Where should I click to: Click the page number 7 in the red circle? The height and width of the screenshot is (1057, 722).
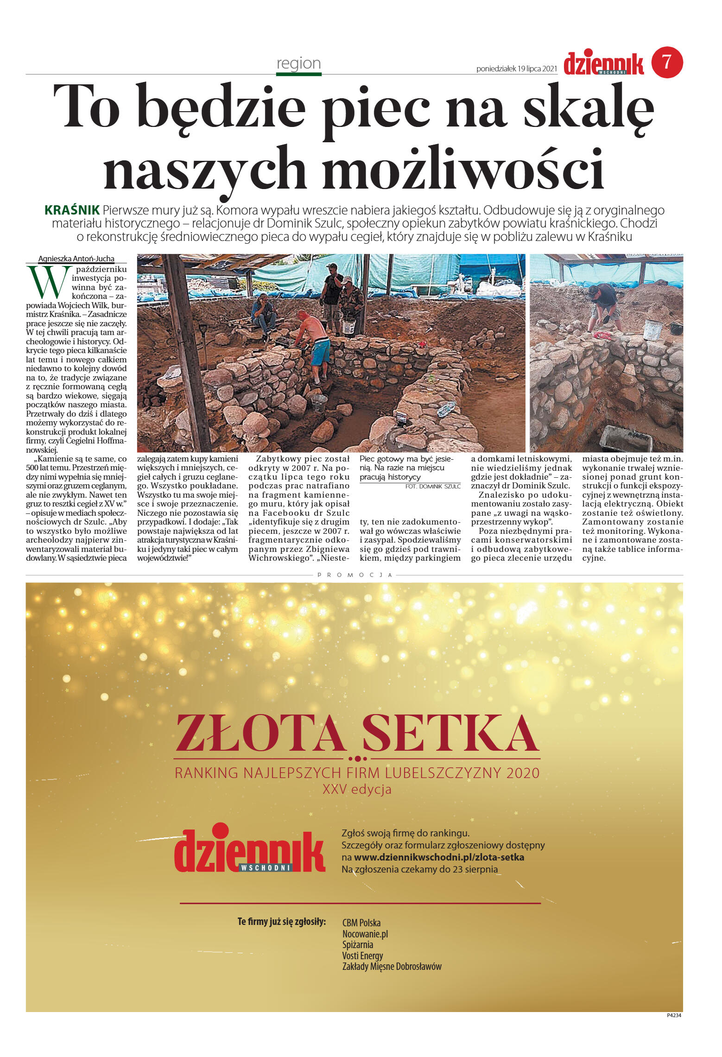pos(667,62)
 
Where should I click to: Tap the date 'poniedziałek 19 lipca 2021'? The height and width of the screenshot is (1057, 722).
pos(516,69)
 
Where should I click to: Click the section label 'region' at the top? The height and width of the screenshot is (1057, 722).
pos(298,63)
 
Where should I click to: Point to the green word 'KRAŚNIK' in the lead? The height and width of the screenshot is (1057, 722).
pos(72,210)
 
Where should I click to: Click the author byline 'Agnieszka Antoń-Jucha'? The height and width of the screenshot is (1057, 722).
pos(76,259)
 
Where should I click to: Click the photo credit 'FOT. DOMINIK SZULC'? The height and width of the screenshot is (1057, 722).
pos(432,487)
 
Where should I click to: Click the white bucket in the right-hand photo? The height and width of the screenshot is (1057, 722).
pos(653,329)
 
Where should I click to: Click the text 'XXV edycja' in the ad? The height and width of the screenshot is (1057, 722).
pos(357,790)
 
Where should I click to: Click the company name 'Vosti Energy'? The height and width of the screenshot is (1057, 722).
pos(362,956)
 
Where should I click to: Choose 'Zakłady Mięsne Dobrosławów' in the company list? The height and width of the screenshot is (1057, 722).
pos(392,967)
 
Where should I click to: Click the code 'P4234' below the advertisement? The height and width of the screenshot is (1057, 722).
pos(673,1015)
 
